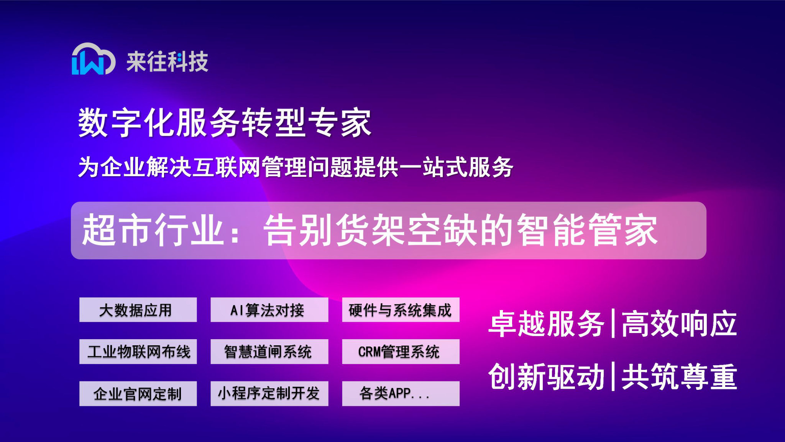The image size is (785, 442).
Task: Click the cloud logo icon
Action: [x=93, y=59]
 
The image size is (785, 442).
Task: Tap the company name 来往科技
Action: [x=167, y=61]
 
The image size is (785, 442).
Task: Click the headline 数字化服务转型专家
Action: [x=225, y=123]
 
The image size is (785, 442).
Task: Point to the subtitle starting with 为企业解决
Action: [x=295, y=167]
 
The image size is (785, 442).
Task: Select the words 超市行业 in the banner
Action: [x=153, y=230]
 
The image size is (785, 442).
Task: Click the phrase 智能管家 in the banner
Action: [x=587, y=230]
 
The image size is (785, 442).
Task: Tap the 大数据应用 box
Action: [x=138, y=310]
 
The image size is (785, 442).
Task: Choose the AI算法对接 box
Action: [x=269, y=310]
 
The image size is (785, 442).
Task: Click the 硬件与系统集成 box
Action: [x=401, y=310]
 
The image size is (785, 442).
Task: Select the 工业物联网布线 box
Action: [x=138, y=351]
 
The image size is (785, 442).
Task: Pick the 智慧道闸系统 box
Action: [x=269, y=351]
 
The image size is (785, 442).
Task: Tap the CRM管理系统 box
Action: [x=401, y=351]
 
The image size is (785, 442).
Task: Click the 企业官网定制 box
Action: [x=138, y=394]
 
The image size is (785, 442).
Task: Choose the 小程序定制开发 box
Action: [x=269, y=394]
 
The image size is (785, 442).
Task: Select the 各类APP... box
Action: [x=401, y=394]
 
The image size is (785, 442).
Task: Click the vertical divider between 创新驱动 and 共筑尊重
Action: [x=613, y=376]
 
